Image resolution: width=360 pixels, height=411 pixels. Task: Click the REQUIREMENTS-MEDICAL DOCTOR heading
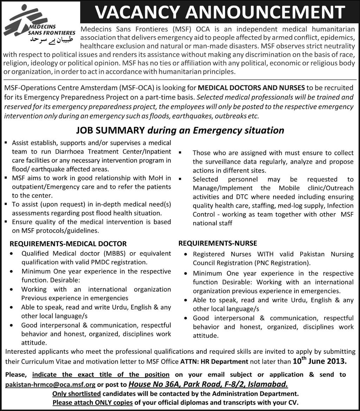point(68,244)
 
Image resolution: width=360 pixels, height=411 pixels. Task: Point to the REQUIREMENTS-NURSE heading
point(218,243)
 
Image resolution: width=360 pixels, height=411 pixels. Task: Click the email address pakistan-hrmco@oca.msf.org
point(50,384)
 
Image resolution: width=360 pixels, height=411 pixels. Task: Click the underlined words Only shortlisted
point(77,393)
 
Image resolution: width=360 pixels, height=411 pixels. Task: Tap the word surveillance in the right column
point(223,162)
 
